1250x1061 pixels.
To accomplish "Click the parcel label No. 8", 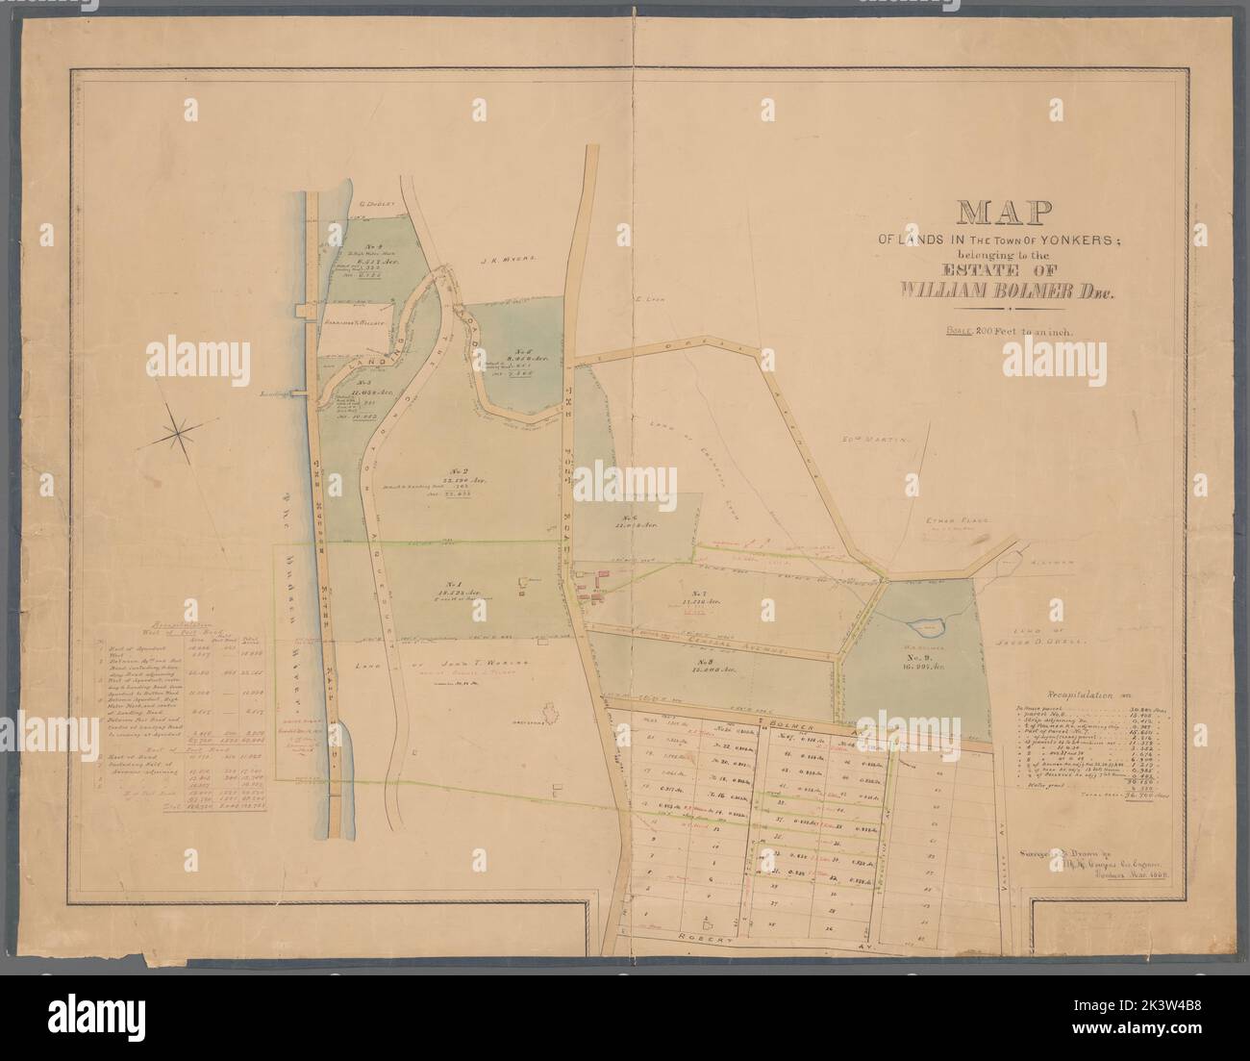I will (710, 665).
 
